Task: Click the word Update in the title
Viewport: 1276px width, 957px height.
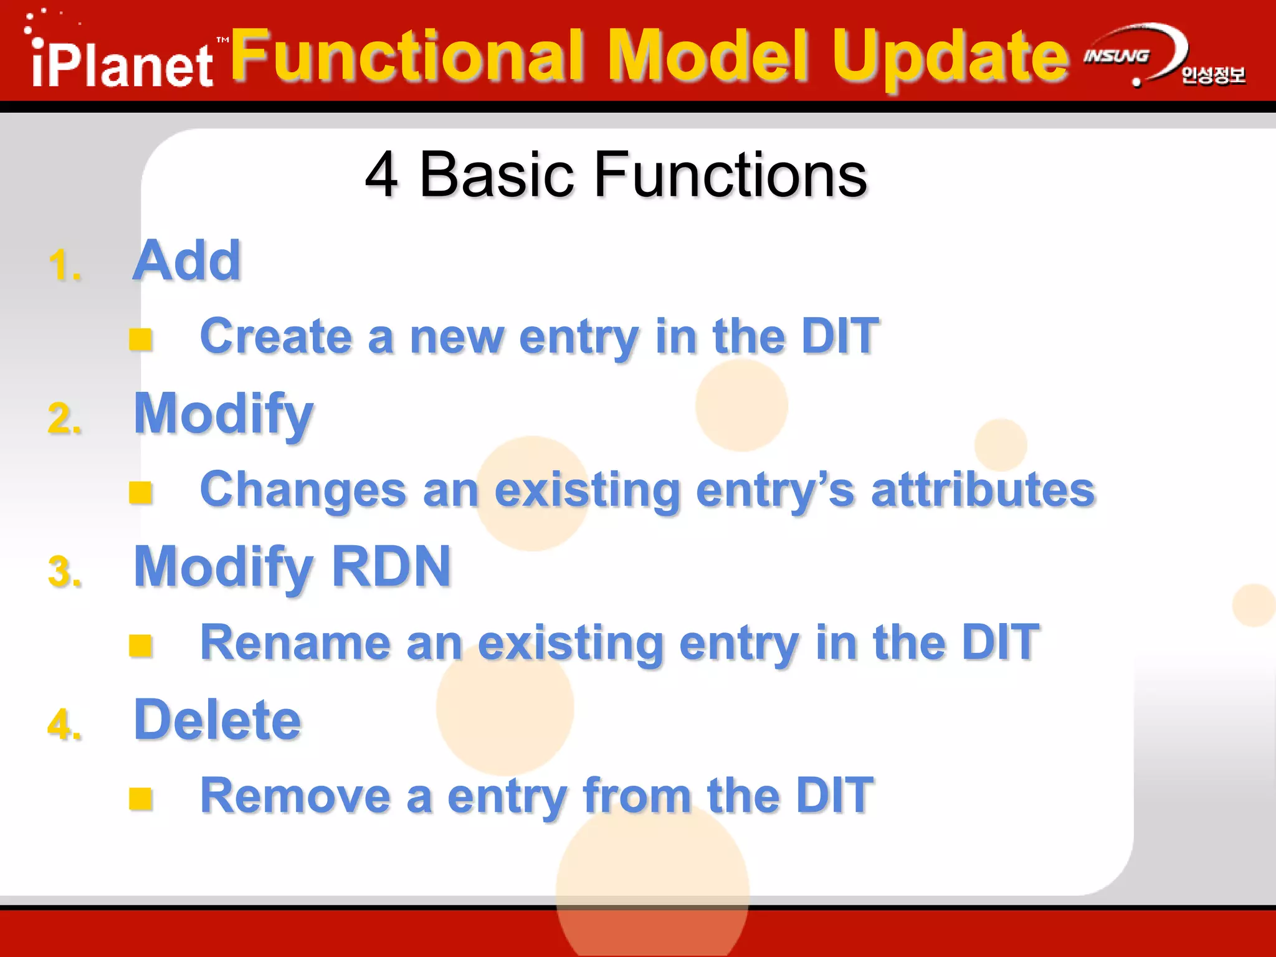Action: [950, 57]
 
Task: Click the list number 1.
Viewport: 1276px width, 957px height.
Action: [64, 266]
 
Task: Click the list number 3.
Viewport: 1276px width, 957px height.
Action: [64, 572]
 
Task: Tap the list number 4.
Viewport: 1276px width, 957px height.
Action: [64, 725]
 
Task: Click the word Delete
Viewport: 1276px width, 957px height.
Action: [218, 720]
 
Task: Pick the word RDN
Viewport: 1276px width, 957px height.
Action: [391, 566]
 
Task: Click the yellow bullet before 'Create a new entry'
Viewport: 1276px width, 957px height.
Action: [141, 340]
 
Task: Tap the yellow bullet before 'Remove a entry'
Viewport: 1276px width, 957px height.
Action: [141, 798]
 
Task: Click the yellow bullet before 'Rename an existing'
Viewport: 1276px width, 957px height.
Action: [141, 645]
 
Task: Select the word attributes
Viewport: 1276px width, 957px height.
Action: [983, 490]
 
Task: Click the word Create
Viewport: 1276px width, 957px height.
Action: [275, 336]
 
